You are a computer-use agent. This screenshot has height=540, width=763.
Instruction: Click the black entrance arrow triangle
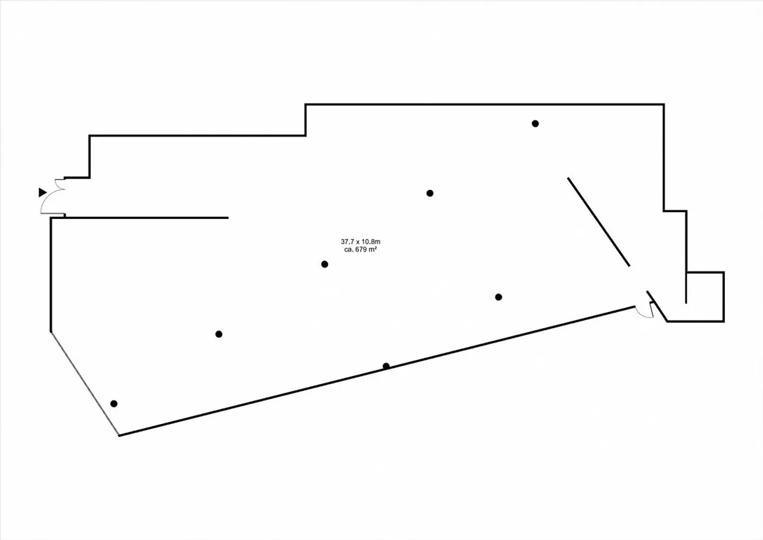(x=42, y=192)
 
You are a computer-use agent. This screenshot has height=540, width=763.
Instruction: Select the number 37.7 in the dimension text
(x=347, y=242)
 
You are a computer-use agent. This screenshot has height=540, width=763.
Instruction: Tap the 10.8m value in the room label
(x=371, y=242)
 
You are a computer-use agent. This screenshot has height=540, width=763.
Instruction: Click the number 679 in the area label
(x=361, y=250)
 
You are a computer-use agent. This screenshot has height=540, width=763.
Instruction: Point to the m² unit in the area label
(x=373, y=250)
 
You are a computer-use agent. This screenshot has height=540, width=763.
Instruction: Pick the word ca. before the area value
(x=349, y=250)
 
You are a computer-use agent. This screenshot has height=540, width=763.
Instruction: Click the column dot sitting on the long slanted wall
(x=386, y=366)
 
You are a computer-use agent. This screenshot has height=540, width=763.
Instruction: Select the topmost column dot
(x=535, y=123)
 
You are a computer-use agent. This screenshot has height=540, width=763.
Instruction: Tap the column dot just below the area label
(x=325, y=264)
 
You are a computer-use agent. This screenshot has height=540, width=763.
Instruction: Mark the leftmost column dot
(x=114, y=404)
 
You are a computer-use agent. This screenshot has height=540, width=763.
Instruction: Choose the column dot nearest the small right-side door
(x=498, y=297)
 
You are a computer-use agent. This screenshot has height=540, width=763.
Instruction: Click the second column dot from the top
(x=430, y=193)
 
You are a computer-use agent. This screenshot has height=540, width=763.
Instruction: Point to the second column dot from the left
(x=219, y=334)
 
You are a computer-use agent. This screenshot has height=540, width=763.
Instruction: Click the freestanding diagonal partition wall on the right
(x=599, y=222)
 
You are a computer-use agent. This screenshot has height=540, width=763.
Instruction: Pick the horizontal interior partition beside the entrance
(x=146, y=217)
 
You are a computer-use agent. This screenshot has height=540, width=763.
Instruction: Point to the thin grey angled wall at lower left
(x=85, y=384)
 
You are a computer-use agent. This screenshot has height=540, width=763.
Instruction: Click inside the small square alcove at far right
(x=705, y=297)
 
